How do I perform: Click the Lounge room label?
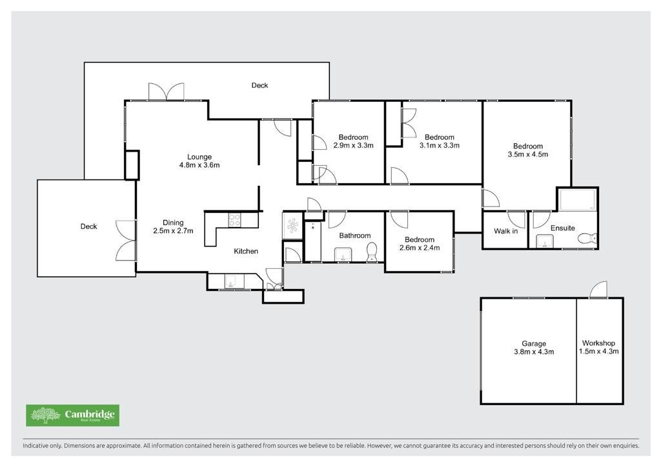[x=199, y=157]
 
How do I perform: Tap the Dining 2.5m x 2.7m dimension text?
[x=173, y=231]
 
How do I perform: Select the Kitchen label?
[x=246, y=252]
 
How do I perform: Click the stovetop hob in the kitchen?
[x=235, y=220]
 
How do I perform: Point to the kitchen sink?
[x=232, y=282]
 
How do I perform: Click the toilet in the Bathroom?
[x=372, y=252]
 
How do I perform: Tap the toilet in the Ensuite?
[x=587, y=239]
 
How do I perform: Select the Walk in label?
[x=506, y=231]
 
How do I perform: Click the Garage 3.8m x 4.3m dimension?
[x=534, y=352]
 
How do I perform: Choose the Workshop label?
[x=598, y=343]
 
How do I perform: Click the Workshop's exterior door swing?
[x=598, y=290]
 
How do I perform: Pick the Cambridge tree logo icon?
[x=46, y=415]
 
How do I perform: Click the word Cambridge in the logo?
[x=89, y=414]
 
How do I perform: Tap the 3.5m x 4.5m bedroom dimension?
[x=528, y=155]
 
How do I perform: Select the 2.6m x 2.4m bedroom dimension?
[x=420, y=248]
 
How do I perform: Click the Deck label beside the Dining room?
[x=88, y=226]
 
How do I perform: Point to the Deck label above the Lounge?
[x=259, y=86]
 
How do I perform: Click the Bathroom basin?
[x=343, y=255]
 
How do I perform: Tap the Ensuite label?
[x=562, y=228]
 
